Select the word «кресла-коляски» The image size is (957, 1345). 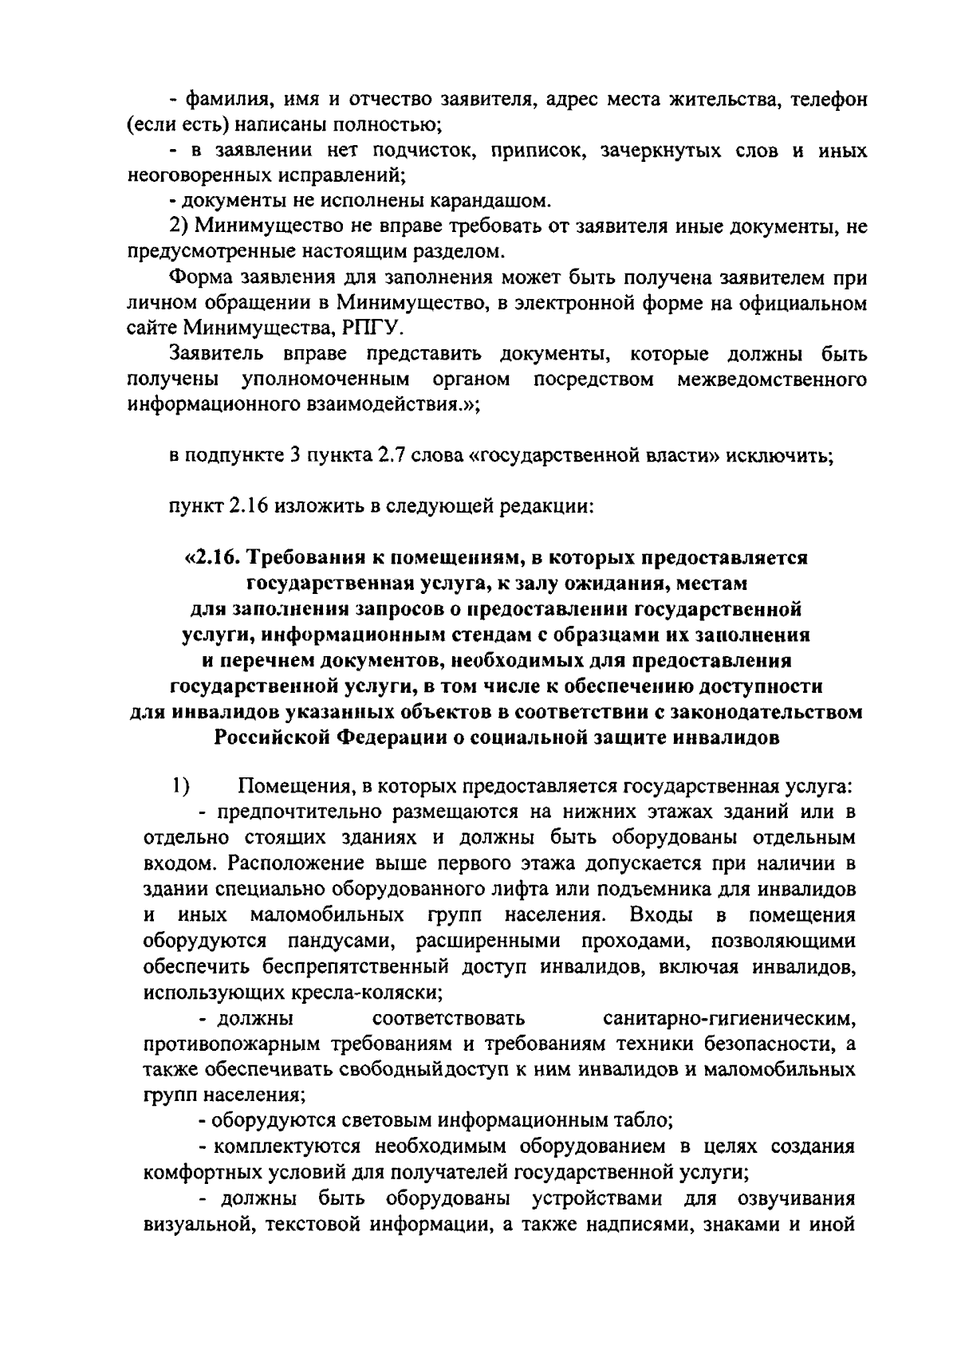(x=370, y=993)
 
